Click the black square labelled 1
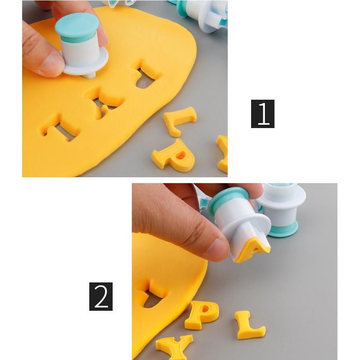pos(263,114)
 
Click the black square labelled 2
pos(101,297)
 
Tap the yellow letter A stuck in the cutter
pos(254,249)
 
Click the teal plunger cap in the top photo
pos(77,28)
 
